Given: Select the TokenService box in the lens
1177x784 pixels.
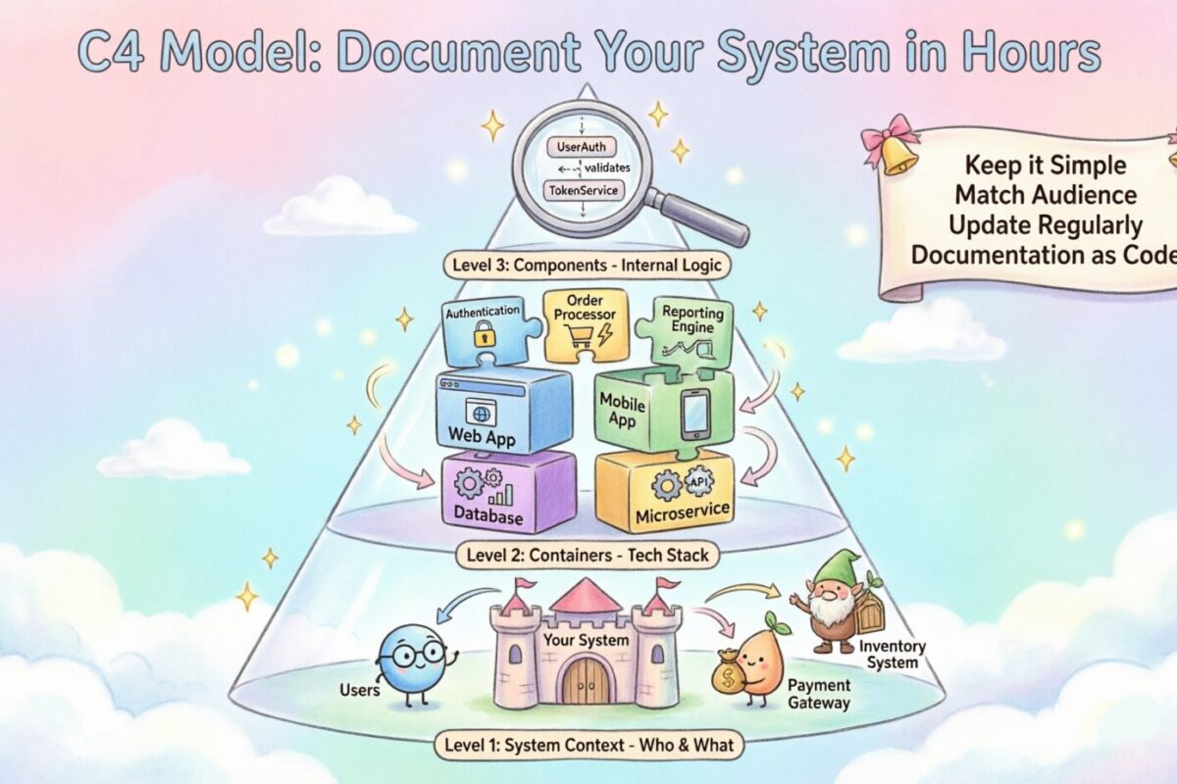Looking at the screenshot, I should pyautogui.click(x=584, y=188).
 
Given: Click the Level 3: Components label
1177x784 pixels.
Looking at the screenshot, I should pyautogui.click(x=586, y=264).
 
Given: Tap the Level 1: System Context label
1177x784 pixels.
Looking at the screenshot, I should pyautogui.click(x=587, y=745).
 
